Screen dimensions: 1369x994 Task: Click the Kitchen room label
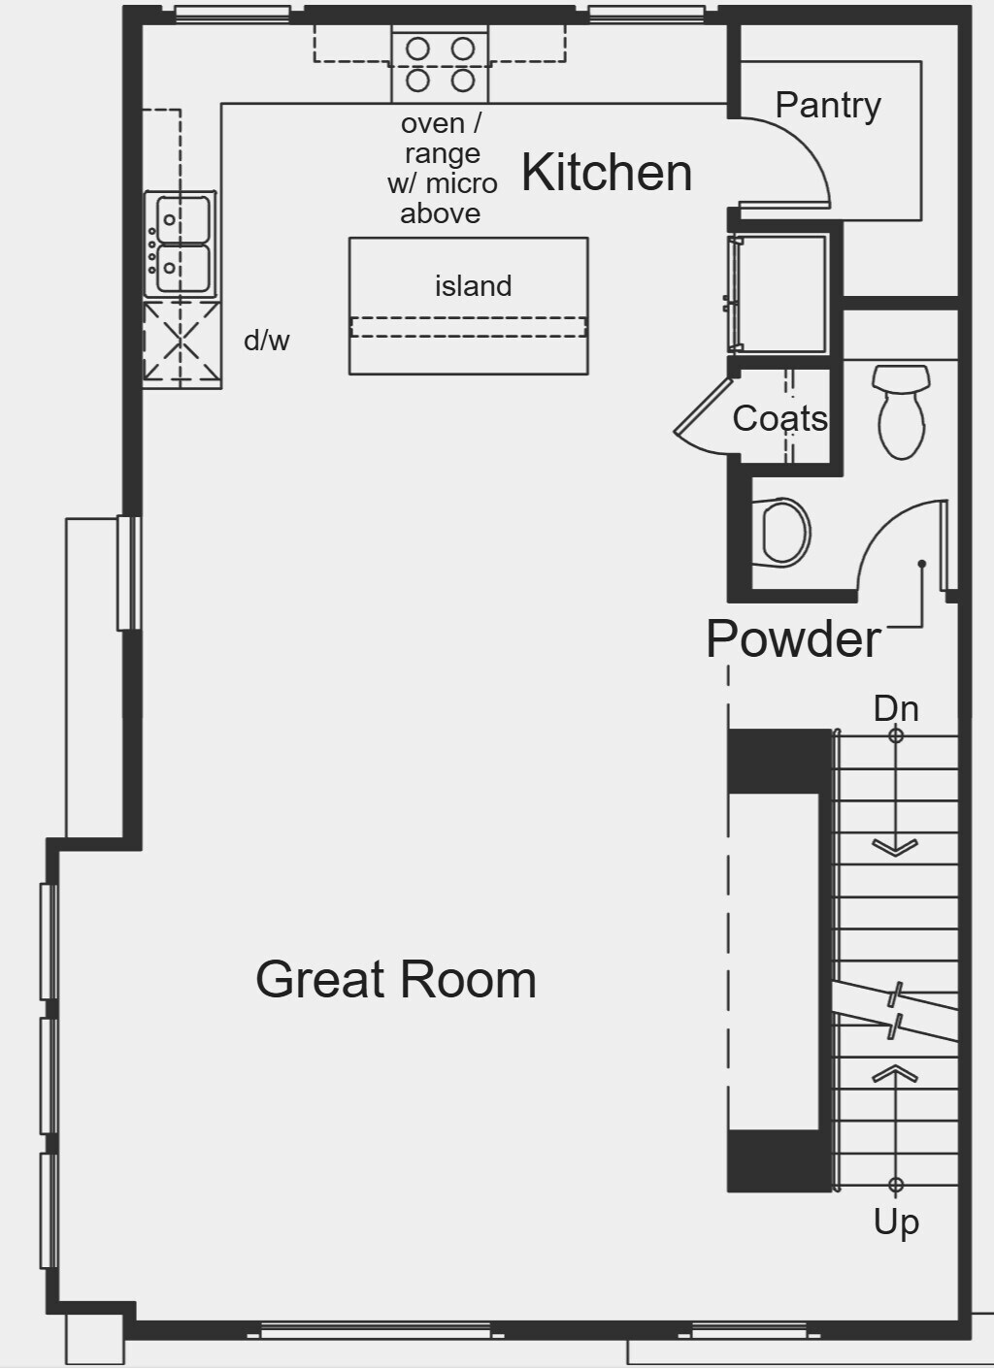coord(607,173)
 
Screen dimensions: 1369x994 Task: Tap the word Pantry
coord(828,106)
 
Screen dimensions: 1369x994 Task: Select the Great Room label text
coord(395,979)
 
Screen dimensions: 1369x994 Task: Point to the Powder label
coord(793,639)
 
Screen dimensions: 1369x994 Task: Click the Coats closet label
coord(779,418)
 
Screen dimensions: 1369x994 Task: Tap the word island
coord(473,286)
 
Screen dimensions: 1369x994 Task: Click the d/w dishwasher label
coord(266,341)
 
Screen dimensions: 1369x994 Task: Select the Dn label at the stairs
coord(895,708)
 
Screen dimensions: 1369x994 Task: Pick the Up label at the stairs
coord(895,1222)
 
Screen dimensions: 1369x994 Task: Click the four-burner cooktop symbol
coord(440,64)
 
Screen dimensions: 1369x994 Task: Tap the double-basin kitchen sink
coord(180,244)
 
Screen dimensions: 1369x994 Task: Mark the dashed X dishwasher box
coord(182,343)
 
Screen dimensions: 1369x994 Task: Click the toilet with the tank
coord(901,410)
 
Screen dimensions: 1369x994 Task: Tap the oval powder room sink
coord(784,532)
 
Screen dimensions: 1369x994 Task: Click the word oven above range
coord(432,124)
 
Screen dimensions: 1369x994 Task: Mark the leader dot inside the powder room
coord(921,564)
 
